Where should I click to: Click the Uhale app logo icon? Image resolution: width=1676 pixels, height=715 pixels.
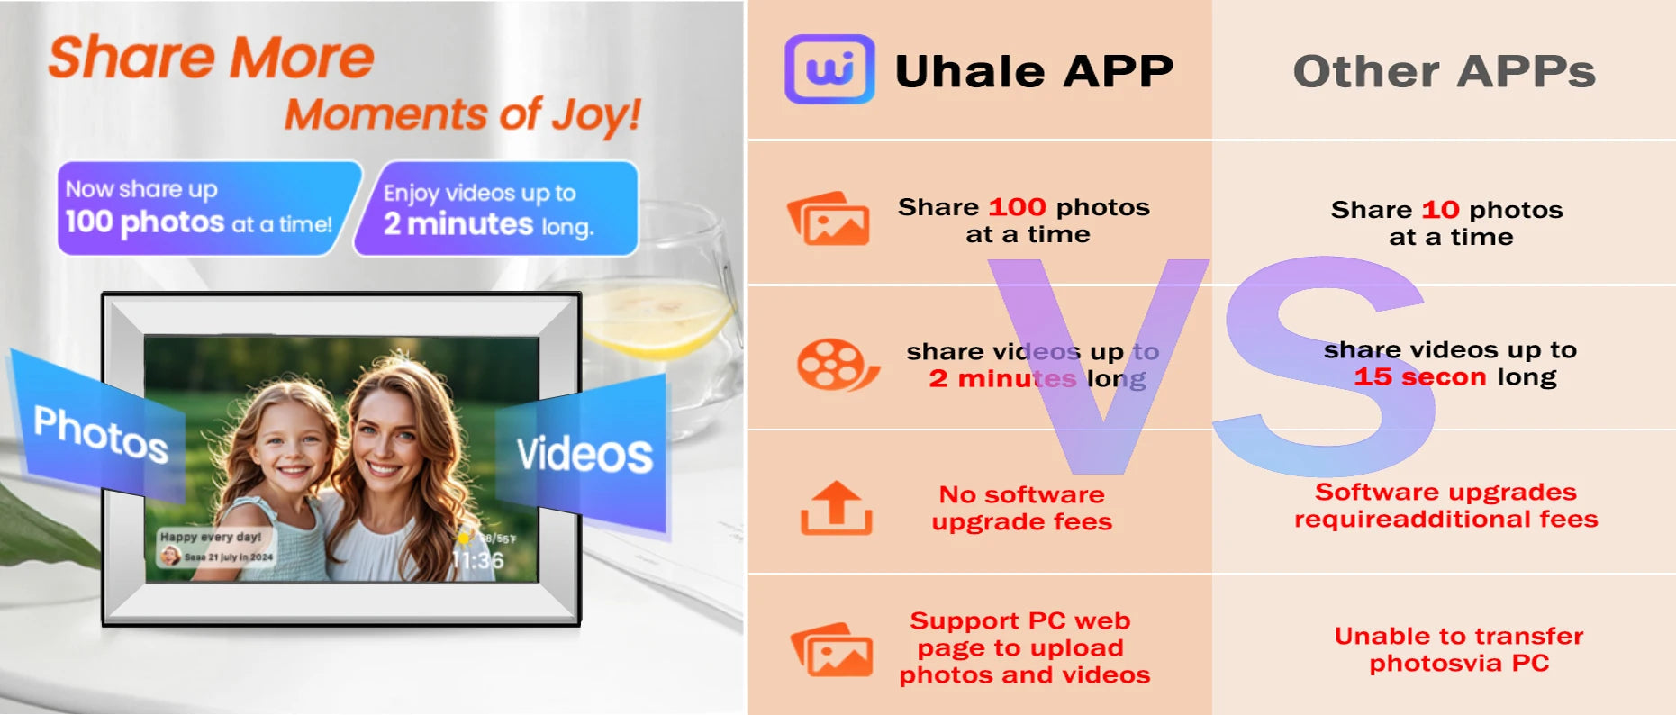click(829, 69)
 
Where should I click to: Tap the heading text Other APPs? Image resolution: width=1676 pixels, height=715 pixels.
click(1444, 71)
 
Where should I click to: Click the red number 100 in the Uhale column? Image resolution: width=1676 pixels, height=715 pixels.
click(1017, 207)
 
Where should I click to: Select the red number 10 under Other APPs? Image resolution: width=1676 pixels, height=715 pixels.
click(1439, 210)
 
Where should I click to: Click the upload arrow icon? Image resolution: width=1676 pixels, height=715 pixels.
click(836, 508)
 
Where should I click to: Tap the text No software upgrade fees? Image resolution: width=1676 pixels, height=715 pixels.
click(1021, 508)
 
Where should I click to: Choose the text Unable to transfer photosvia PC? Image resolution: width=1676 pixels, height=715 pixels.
click(1458, 649)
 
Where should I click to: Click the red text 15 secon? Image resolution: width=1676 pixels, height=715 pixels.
click(1419, 377)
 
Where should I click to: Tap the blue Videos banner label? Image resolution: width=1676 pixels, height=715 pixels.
click(584, 454)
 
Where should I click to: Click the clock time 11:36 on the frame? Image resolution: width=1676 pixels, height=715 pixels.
click(477, 561)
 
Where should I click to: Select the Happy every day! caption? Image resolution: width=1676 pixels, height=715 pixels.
click(211, 537)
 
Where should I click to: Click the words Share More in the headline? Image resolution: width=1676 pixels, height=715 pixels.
click(211, 59)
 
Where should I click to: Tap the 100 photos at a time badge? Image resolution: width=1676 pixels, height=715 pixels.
click(199, 208)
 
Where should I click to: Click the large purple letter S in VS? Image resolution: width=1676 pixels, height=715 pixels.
click(1324, 365)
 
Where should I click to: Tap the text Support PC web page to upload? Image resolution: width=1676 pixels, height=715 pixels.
click(1019, 634)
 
